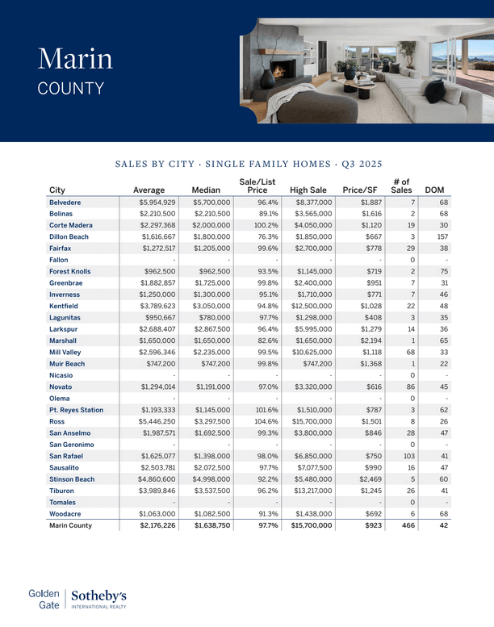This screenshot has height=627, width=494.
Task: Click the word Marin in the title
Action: pos(75,58)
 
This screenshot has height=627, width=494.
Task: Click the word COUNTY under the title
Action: pos(71,88)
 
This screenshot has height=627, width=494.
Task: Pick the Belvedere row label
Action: pos(70,202)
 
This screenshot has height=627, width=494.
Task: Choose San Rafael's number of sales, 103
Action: pos(406,456)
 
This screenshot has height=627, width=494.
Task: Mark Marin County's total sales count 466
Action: pos(405,525)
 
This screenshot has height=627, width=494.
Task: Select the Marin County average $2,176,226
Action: pos(157,525)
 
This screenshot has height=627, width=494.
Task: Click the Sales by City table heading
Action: pos(248,164)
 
